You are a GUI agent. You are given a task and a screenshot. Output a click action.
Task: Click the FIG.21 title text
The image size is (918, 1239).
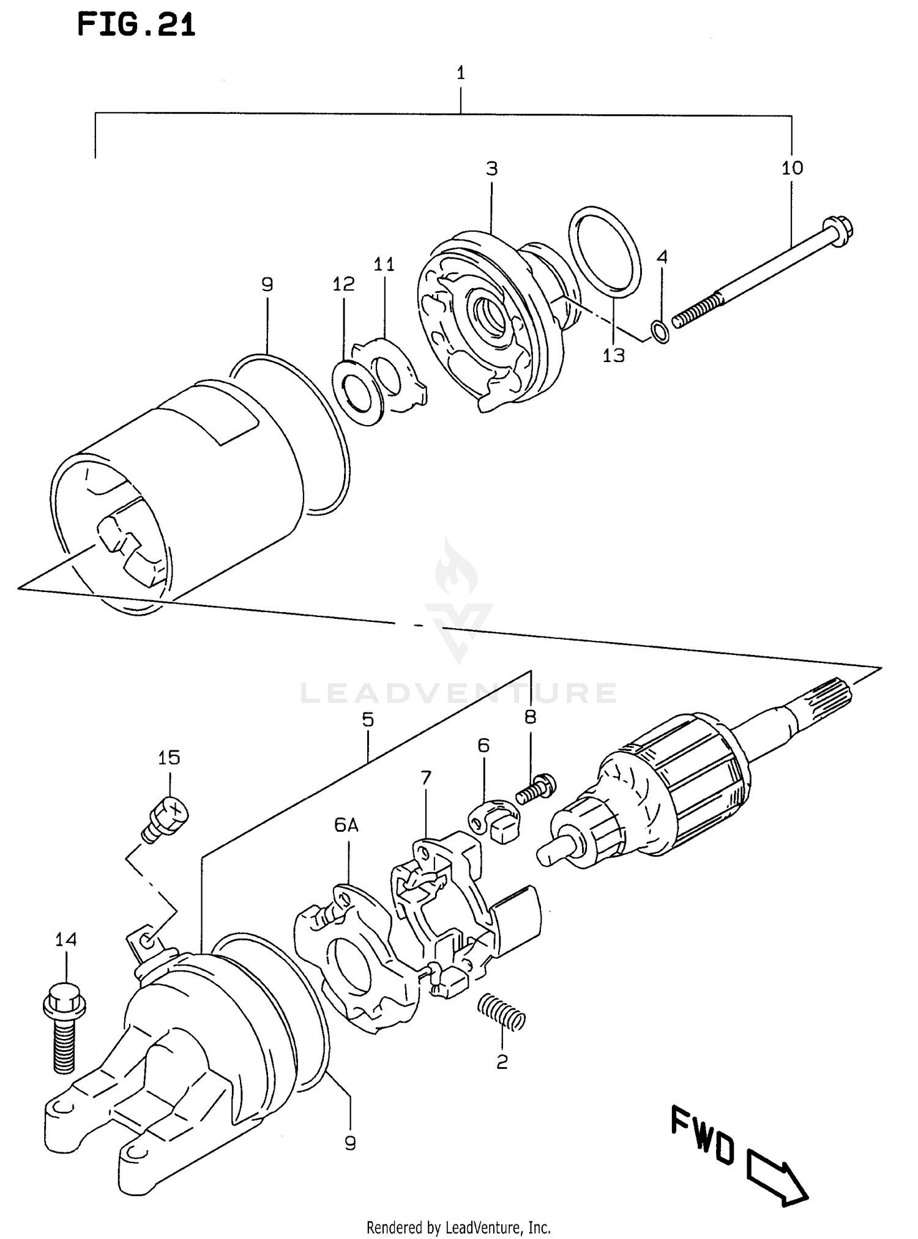point(136,26)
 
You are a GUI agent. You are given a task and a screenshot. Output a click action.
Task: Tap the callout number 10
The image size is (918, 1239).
point(792,168)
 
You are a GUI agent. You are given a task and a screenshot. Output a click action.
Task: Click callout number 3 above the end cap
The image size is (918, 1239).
point(492,168)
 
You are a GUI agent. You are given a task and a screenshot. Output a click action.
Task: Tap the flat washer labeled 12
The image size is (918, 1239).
point(359,393)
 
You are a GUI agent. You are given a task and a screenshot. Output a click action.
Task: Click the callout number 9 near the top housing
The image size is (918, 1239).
point(267,284)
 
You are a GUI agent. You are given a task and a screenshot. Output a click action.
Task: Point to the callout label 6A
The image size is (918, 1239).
point(346,826)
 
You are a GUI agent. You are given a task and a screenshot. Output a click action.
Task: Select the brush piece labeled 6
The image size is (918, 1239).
point(497,821)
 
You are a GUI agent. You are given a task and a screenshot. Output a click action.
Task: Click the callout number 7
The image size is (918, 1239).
point(425,778)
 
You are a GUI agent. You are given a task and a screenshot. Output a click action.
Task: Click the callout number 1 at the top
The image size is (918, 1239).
point(461,73)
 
